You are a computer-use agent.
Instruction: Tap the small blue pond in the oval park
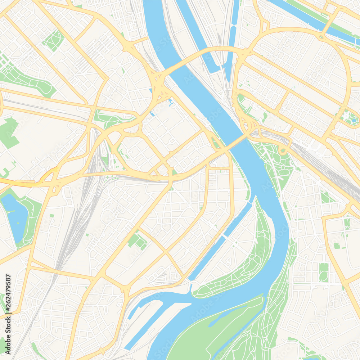coord(354,120)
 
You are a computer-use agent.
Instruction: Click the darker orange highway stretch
coord(22,183)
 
